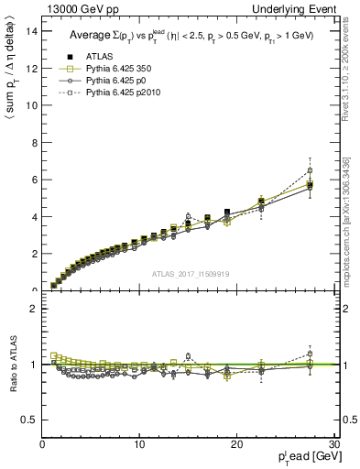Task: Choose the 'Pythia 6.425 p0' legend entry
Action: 114,81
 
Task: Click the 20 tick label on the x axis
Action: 236,444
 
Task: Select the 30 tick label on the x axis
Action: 333,444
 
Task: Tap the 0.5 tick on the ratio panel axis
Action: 29,420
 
